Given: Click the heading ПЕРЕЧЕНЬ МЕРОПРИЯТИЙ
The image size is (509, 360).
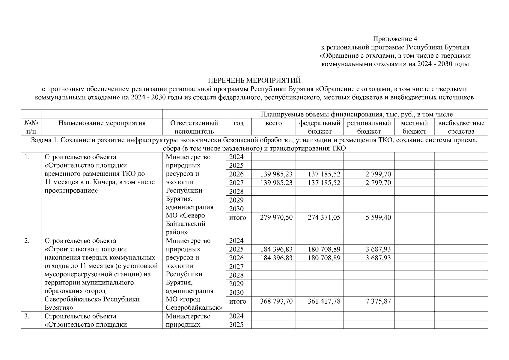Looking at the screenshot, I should pos(254,81).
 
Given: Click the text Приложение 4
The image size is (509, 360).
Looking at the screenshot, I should pos(395,39).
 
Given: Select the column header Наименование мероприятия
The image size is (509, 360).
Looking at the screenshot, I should pos(102,123).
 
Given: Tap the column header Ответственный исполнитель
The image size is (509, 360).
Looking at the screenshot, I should pos(194,127).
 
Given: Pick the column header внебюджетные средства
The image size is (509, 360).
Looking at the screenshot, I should pos(461,127).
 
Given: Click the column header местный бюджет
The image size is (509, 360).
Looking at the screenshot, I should pos(414,127).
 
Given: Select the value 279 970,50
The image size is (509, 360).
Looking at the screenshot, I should pos(276,217).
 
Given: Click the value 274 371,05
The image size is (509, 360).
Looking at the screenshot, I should pos(324,217).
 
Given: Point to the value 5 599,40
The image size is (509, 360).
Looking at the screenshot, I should pos(378,217).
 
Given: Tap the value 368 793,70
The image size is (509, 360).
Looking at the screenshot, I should pos(276,301).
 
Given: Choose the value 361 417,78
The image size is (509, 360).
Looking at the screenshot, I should pos(324,301).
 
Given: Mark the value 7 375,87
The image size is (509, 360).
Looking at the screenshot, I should pos(378,301).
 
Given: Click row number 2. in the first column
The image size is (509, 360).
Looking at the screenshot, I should pos(27,241).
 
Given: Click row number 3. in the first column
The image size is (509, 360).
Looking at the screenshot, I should pos(27,316).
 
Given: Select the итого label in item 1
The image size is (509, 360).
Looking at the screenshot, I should pos(237,217).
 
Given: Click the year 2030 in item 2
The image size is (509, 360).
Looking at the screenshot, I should pos(236,292).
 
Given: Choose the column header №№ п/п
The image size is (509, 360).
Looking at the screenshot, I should pos(31,127).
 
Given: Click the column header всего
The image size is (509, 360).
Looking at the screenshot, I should pos(273,123).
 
